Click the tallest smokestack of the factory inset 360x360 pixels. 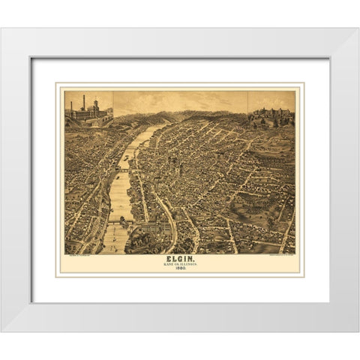[83, 102]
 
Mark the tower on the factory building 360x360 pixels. [96, 105]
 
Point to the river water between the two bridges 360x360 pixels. [121, 196]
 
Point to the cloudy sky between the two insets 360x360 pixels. [180, 100]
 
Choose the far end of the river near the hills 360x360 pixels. [154, 129]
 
